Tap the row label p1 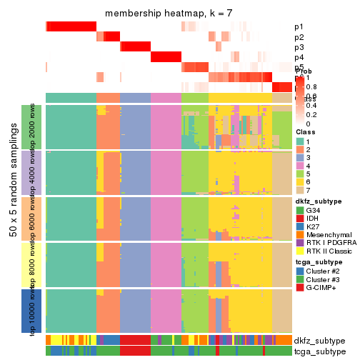coord(299,27)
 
